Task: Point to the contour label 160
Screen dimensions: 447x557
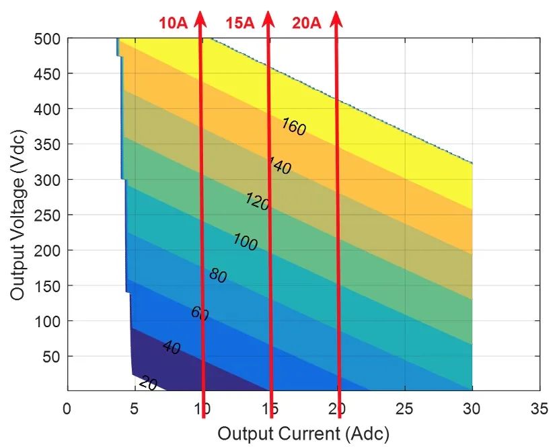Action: (293, 127)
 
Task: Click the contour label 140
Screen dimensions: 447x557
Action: (279, 166)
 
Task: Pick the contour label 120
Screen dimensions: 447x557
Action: (257, 201)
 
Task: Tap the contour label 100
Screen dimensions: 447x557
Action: (245, 242)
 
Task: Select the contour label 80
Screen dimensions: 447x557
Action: (218, 275)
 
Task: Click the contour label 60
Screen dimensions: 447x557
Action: (200, 313)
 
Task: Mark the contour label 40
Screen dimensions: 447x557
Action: (172, 348)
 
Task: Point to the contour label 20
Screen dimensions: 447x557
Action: (149, 384)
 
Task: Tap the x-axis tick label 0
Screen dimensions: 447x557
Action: (67, 408)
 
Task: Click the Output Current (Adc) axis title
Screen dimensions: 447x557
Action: (303, 432)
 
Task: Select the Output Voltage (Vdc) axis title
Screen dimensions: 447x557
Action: (18, 215)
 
